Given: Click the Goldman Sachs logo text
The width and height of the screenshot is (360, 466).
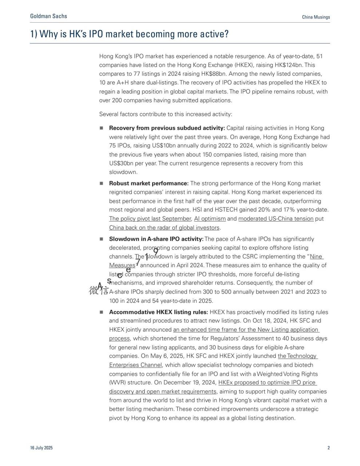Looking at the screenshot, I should click(48, 16).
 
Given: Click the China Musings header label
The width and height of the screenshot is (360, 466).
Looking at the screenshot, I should click(316, 17).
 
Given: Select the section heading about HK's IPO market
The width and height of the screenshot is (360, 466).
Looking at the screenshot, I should click(129, 34).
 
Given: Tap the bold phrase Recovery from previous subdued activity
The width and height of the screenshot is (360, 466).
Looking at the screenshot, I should click(167, 128).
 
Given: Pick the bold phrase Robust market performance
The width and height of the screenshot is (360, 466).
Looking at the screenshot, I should click(149, 183).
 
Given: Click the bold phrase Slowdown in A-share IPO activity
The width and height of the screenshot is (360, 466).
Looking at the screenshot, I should click(156, 239).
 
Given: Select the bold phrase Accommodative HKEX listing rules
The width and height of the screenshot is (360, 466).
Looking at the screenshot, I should click(158, 312).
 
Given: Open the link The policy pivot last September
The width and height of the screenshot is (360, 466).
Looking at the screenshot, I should click(150, 219).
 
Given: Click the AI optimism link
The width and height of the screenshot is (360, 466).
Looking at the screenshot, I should click(210, 219).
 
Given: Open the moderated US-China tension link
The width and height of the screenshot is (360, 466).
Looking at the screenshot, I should click(276, 219).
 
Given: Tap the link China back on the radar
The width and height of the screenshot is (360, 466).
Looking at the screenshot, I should click(164, 228).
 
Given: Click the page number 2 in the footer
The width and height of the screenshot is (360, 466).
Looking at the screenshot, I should click(328, 448).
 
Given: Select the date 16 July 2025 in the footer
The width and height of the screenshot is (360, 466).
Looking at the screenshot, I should click(41, 448).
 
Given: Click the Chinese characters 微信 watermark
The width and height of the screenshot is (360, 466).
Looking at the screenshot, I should click(98, 290).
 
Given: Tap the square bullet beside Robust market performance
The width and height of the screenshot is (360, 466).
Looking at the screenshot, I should click(102, 183).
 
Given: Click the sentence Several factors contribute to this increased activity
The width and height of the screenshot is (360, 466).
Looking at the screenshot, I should click(166, 114).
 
